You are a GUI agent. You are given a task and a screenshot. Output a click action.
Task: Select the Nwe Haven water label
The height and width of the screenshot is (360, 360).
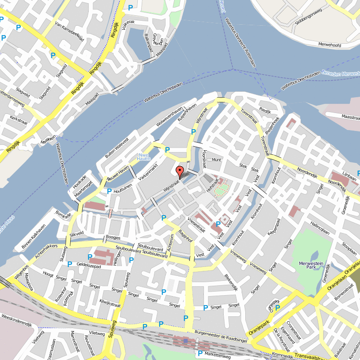[144, 157]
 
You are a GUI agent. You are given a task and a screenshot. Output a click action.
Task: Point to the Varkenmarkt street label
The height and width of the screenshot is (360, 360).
[148, 172]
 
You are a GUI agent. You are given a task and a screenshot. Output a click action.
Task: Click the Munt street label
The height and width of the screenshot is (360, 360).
[216, 160]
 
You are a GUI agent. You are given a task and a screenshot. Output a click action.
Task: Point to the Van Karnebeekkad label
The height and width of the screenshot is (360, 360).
[69, 31]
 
